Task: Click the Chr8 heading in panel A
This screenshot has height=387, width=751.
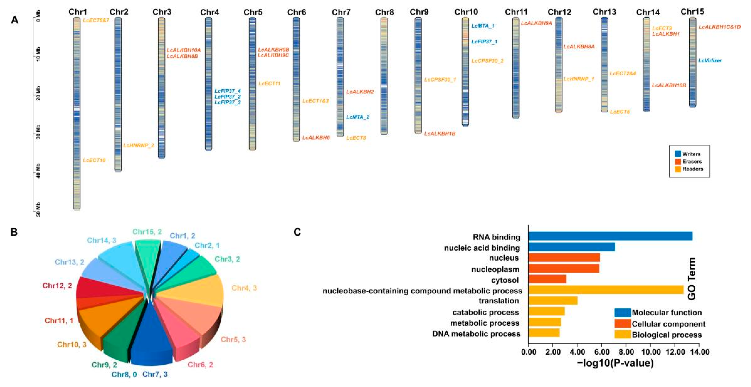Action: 384,12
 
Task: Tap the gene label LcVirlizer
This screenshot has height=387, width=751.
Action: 710,61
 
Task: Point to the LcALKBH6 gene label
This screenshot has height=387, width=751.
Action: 316,138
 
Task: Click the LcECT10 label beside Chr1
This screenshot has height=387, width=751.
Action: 94,160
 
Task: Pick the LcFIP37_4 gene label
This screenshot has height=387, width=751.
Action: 228,91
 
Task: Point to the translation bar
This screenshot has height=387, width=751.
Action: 553,300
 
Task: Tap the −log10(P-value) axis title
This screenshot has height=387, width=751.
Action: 615,363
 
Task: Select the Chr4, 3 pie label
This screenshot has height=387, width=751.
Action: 244,288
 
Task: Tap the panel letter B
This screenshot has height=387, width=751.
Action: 14,232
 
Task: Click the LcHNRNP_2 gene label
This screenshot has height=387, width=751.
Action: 139,145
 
